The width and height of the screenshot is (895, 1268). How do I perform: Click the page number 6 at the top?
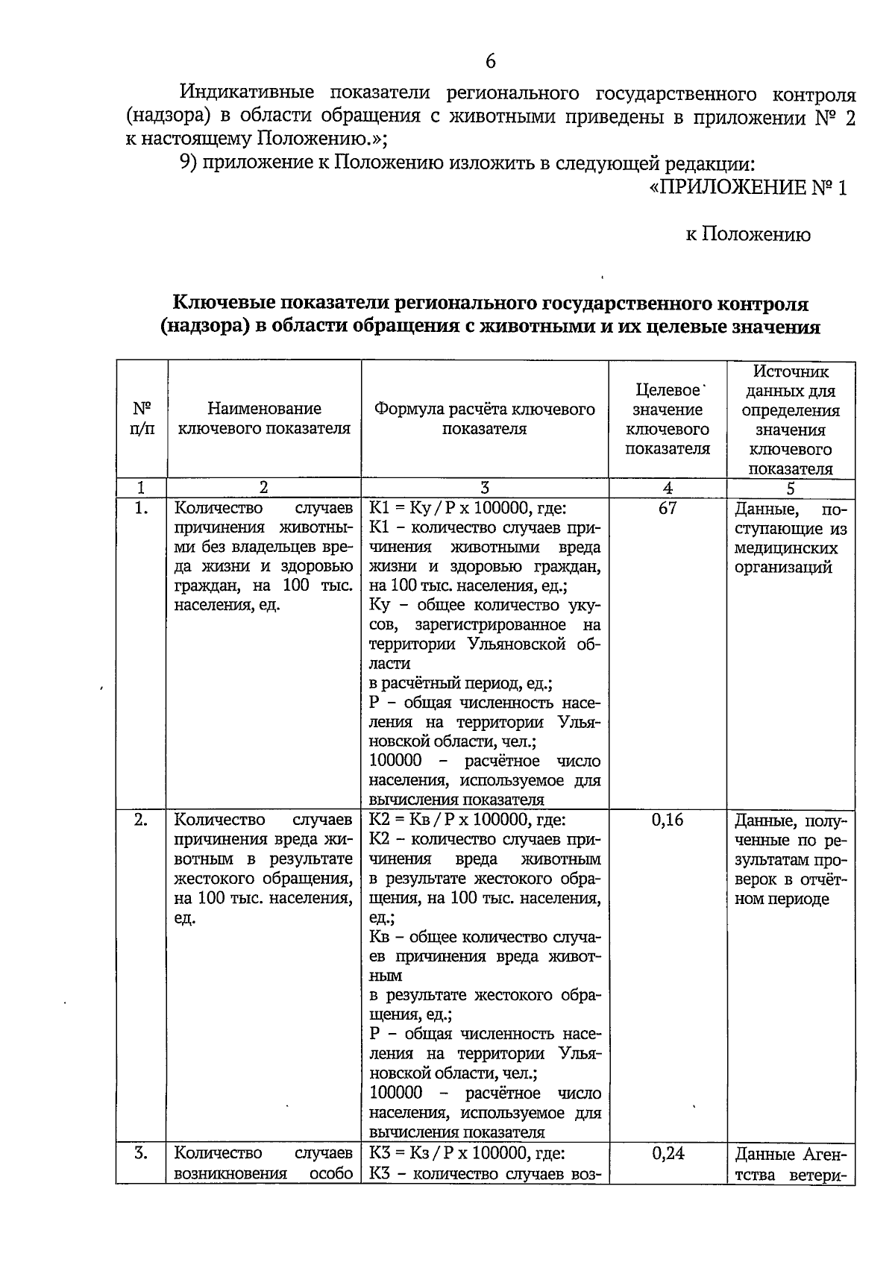click(490, 62)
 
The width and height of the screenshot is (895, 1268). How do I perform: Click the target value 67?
click(668, 509)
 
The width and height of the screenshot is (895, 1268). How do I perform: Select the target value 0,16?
click(668, 820)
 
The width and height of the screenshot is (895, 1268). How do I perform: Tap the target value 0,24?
click(668, 1153)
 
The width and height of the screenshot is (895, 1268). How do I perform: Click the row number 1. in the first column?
click(142, 509)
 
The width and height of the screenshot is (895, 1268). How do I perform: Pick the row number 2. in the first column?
click(142, 820)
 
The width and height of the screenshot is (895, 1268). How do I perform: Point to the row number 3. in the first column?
click(142, 1153)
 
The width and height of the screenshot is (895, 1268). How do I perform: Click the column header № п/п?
click(142, 419)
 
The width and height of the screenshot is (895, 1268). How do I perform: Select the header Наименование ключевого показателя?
click(264, 418)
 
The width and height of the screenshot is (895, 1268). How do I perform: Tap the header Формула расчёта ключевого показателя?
click(485, 418)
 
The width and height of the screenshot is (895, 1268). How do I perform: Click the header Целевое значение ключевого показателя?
click(668, 419)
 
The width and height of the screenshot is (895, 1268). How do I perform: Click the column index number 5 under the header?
click(791, 489)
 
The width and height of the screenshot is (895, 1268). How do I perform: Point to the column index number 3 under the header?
click(485, 489)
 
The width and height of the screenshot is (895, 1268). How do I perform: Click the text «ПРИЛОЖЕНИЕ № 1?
click(748, 188)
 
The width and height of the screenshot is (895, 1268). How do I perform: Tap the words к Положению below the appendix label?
click(748, 235)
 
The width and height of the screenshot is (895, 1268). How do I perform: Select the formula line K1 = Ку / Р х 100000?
click(468, 509)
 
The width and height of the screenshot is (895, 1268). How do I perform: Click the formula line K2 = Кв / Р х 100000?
click(468, 820)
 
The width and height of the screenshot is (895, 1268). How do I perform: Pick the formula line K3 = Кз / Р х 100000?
click(468, 1153)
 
